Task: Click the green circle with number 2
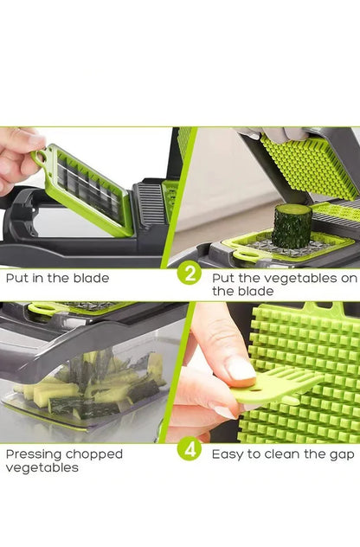[189, 274]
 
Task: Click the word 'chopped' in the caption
[95, 454]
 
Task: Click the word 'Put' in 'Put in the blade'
[16, 279]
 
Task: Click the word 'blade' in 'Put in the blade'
[91, 279]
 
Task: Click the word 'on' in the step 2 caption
[347, 278]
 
